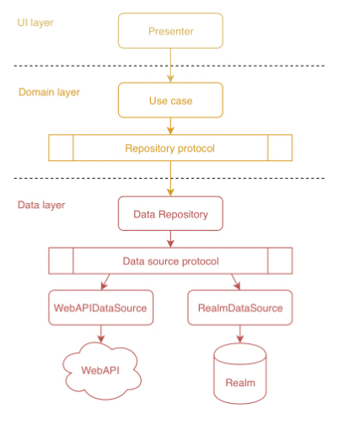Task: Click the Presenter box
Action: pos(170,30)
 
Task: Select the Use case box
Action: pos(170,100)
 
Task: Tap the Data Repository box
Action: pos(170,213)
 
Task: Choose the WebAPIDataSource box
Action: pos(101,308)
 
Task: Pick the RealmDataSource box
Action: pos(240,308)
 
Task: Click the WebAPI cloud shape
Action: pos(102,371)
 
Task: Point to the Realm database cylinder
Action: pos(240,373)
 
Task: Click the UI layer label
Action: pos(35,23)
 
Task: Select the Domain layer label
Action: pos(49,92)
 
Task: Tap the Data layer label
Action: pos(41,205)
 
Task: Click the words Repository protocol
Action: pos(169,148)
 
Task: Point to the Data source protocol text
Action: pos(170,261)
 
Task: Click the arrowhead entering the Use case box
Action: pos(170,78)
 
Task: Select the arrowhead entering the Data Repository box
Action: pos(170,192)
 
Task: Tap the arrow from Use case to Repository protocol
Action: pos(170,126)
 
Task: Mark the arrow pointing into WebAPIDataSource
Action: pos(105,282)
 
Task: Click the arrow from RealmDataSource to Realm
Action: pos(240,334)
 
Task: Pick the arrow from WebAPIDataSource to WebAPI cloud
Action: pos(101,334)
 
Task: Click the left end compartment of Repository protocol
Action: pos(61,148)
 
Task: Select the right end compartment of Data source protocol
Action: pos(280,260)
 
